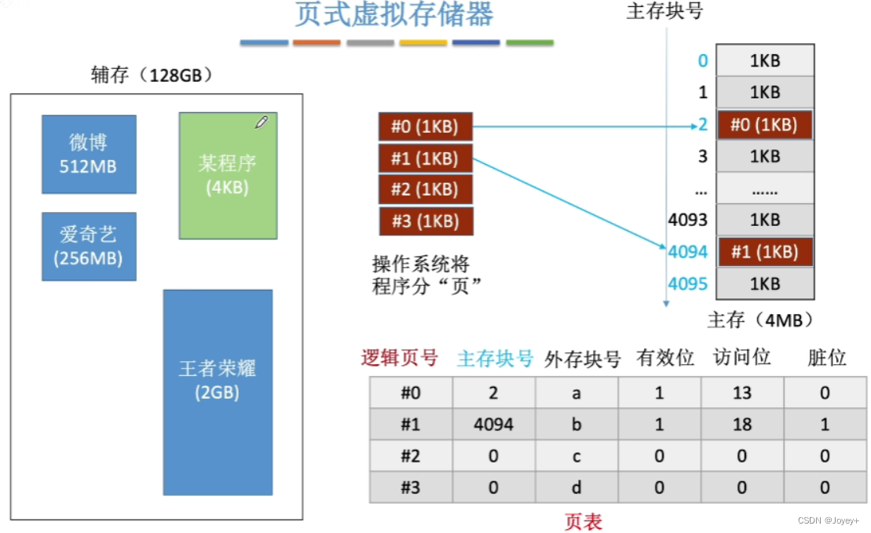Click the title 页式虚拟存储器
(x=394, y=15)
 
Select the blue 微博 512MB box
(x=89, y=154)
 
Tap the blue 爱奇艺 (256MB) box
(x=89, y=246)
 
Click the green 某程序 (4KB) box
(x=228, y=176)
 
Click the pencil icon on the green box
(x=262, y=122)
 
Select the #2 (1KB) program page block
(x=425, y=189)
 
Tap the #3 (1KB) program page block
(x=425, y=221)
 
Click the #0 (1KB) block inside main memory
(x=764, y=125)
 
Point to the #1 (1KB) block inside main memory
(x=764, y=252)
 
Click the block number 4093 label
(x=687, y=221)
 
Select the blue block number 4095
(x=687, y=283)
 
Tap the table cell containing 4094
(x=493, y=425)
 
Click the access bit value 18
(x=741, y=425)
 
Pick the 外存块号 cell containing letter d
(x=576, y=487)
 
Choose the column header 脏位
(x=827, y=358)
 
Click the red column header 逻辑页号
(x=399, y=358)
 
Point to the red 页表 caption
(x=583, y=521)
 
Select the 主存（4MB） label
(x=759, y=319)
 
